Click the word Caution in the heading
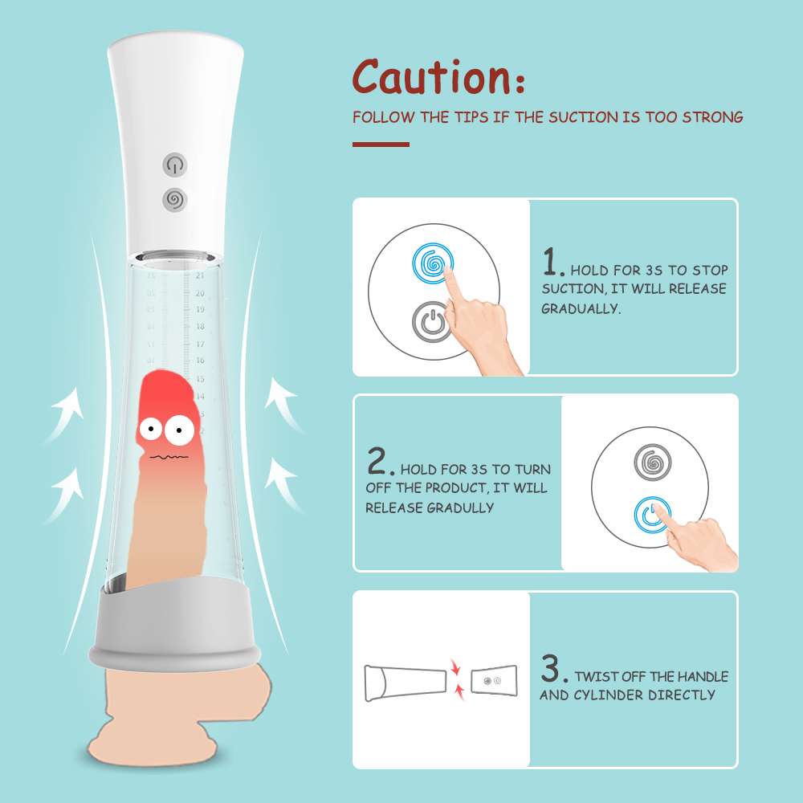(432, 76)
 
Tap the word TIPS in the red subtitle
(471, 117)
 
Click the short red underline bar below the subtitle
(381, 145)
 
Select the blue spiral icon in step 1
(433, 263)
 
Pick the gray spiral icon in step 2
(652, 463)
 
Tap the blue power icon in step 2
(652, 515)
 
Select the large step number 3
(553, 668)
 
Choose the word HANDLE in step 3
(703, 676)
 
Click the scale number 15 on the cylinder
(200, 379)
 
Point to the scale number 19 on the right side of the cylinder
(200, 309)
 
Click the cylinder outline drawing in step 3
(405, 683)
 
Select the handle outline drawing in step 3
(494, 681)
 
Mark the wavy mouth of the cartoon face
(169, 456)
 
